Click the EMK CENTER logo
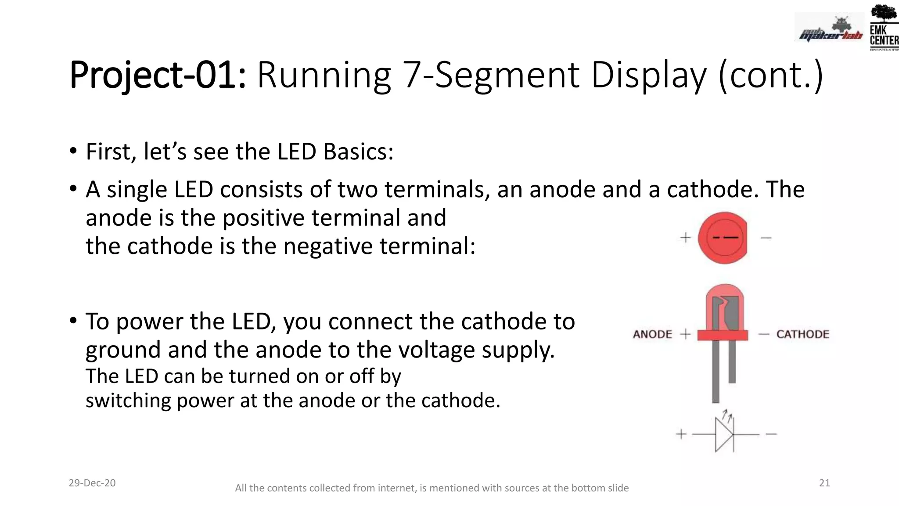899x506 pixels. coord(884,27)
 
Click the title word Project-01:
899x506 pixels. coord(158,75)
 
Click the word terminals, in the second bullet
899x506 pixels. coord(437,190)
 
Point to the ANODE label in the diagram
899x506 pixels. coord(652,334)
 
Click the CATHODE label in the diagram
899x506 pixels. coord(802,334)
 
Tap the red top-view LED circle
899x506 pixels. coord(723,238)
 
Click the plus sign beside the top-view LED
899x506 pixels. coord(685,238)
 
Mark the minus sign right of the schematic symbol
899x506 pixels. coord(771,434)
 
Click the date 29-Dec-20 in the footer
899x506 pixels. coord(92,483)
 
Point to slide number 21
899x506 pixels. coord(824,483)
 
